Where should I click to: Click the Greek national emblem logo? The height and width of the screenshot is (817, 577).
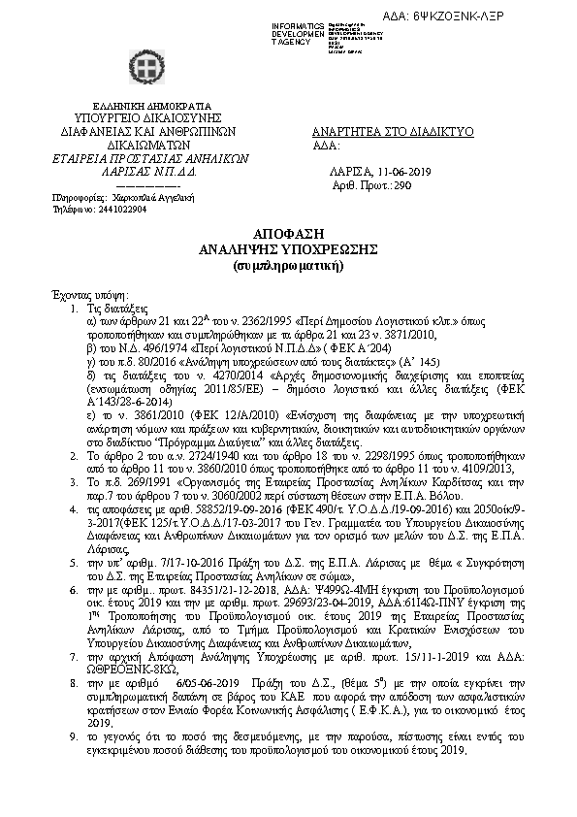(144, 66)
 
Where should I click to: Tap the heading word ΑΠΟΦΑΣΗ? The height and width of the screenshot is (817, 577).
(287, 236)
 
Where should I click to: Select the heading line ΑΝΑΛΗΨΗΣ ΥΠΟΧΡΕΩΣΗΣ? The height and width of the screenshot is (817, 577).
(288, 250)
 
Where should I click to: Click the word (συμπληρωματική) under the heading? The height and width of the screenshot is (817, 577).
(288, 264)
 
